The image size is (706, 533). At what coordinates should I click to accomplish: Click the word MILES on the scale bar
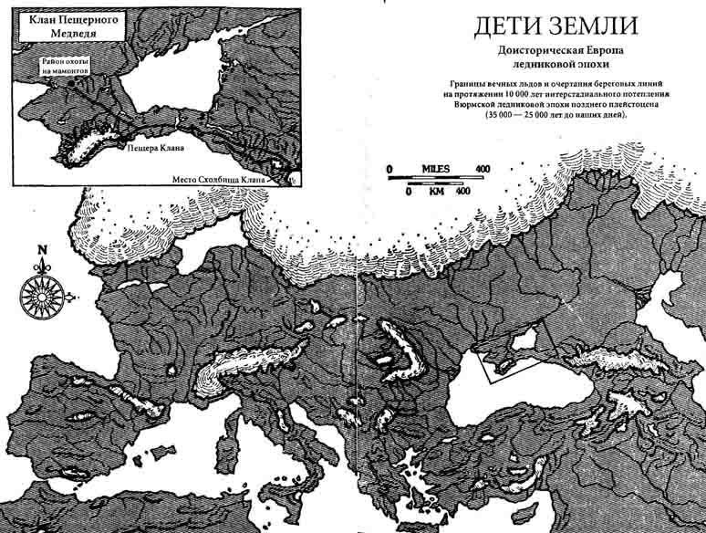(x=438, y=169)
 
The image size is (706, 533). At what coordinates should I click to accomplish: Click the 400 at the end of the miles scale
(x=483, y=169)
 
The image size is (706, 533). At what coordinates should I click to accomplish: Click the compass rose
(x=40, y=292)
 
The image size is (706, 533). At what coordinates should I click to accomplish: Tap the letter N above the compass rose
(x=40, y=249)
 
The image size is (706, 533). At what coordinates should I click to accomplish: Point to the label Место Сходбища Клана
(x=219, y=180)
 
